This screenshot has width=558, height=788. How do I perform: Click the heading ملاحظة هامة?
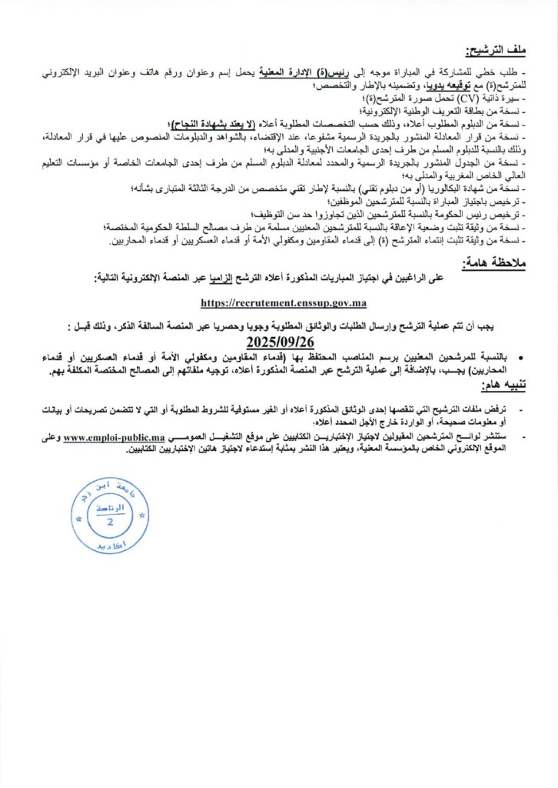point(494,263)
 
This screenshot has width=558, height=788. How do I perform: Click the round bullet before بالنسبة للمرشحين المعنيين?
point(502,358)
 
